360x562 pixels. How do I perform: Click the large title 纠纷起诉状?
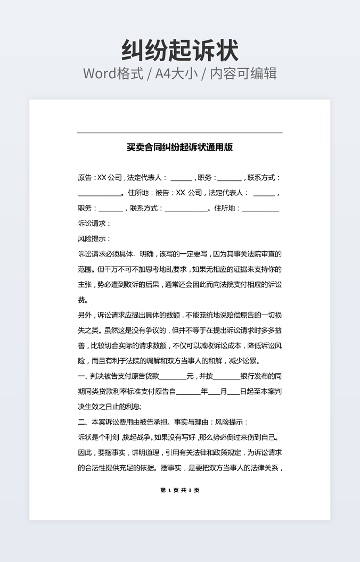tap(179, 51)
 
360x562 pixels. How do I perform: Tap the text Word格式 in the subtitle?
tap(113, 73)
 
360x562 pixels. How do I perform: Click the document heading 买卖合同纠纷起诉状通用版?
tap(179, 147)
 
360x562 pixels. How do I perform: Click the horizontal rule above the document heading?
tap(179, 133)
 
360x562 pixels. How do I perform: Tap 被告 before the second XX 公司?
tap(162, 193)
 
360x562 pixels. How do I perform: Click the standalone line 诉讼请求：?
tap(94, 224)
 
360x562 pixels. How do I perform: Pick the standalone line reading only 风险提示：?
tap(94, 238)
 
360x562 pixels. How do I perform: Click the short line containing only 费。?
tap(84, 300)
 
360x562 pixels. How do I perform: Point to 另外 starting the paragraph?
tap(85, 315)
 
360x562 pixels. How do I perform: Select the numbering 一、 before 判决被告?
tap(82, 376)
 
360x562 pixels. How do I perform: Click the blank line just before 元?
tap(173, 377)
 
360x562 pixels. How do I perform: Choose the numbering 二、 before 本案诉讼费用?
tap(82, 423)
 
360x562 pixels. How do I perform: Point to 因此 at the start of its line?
tap(85, 453)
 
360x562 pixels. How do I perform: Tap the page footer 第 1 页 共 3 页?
tap(179, 490)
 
